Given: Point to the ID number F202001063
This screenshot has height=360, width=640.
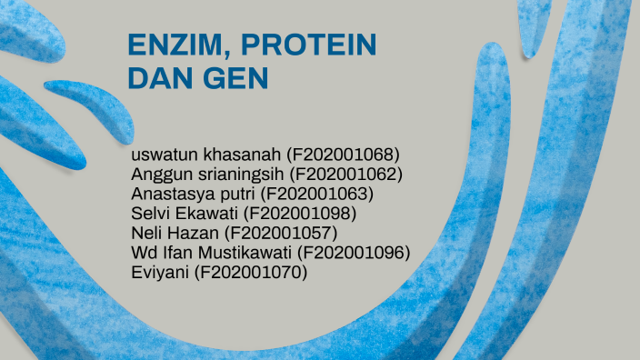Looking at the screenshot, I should (316, 193).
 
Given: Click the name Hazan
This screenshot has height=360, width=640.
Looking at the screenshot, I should (187, 233).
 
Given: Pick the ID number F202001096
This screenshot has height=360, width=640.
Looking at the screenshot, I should (354, 252).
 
